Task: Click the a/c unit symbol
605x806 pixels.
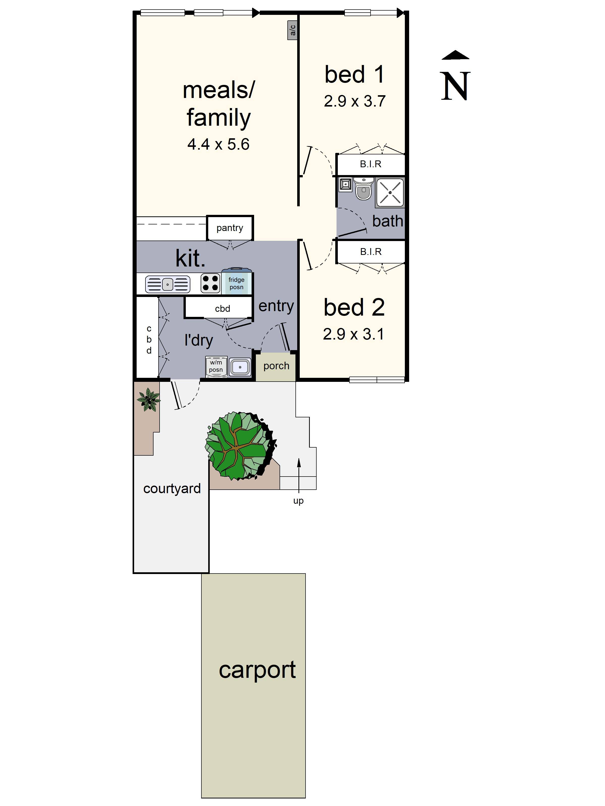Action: (292, 30)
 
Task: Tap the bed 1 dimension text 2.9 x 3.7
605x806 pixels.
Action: (354, 101)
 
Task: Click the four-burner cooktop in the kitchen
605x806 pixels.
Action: (210, 283)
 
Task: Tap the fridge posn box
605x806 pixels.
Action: (236, 283)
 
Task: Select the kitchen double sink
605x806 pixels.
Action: (167, 284)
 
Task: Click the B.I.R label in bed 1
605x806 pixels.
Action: (371, 164)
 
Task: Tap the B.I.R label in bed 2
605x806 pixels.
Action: (371, 252)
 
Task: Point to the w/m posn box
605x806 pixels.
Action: (216, 366)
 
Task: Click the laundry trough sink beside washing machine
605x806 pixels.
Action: (240, 367)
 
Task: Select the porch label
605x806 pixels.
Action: (276, 366)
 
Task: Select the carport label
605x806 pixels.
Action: (257, 670)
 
